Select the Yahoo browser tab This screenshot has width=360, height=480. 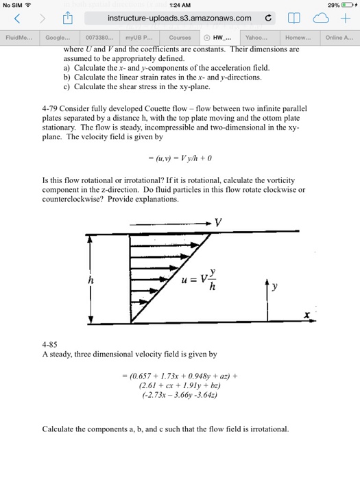pos(256,37)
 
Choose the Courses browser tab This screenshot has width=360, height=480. pos(180,37)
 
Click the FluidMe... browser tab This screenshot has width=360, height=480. pos(18,37)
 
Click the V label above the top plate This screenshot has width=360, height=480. pos(219,223)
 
